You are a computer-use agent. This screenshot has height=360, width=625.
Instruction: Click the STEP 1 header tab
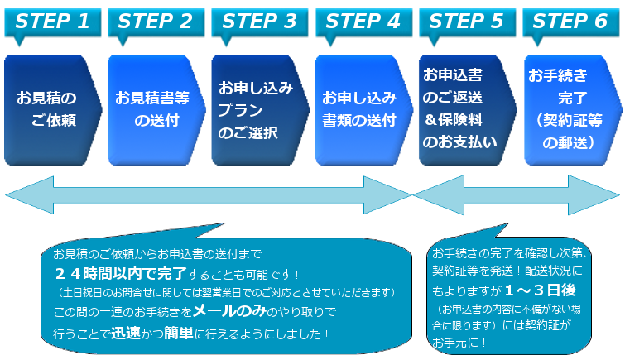[52, 21]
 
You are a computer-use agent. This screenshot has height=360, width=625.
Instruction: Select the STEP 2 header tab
[156, 21]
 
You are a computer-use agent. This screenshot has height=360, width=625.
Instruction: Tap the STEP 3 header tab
[259, 21]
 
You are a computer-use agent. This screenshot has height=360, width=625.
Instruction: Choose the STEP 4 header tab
[363, 21]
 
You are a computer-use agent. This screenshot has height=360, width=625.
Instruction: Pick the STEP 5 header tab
[466, 21]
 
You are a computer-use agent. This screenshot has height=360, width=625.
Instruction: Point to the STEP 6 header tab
[570, 21]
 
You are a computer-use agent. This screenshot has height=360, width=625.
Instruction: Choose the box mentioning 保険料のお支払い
[464, 108]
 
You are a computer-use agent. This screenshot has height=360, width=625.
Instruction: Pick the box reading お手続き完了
[568, 108]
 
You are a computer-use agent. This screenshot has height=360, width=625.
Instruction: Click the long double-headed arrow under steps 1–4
[207, 195]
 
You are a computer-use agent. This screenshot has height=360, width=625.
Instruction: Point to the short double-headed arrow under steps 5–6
[517, 195]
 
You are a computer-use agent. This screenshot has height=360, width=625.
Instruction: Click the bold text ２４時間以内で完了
[117, 273]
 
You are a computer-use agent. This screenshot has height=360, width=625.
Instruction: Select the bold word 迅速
[127, 334]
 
